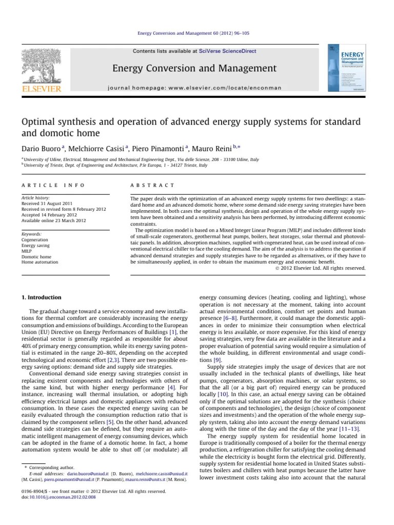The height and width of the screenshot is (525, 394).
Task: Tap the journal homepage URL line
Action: (202, 88)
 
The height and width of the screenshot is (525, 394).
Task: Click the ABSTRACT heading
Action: (152, 185)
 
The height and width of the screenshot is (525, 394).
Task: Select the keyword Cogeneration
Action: (35, 239)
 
